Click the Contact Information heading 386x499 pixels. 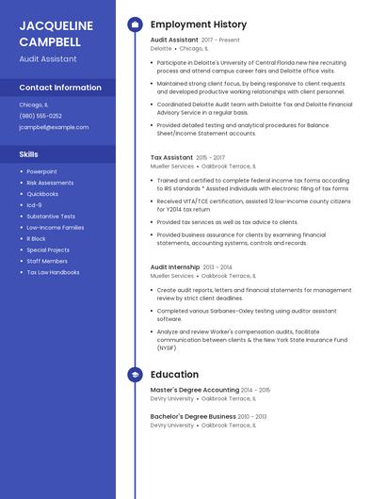[60, 88]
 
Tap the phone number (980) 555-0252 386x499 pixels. [40, 116]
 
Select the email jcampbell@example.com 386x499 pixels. [53, 126]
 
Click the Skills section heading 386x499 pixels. [29, 153]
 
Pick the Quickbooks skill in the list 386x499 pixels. [42, 194]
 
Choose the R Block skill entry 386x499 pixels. [36, 239]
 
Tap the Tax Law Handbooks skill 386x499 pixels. [53, 272]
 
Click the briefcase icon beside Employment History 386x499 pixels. [135, 24]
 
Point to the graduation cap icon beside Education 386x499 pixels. [135, 375]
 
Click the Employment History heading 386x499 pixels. [198, 24]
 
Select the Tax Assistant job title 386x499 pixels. [171, 157]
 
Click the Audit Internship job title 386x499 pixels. [175, 267]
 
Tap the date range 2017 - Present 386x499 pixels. [220, 40]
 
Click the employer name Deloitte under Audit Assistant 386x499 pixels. [161, 49]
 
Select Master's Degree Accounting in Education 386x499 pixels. [195, 390]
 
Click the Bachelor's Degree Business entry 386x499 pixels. [193, 416]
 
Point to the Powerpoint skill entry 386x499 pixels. [41, 171]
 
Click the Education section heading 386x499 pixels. [174, 375]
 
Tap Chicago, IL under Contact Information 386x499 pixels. [34, 105]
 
